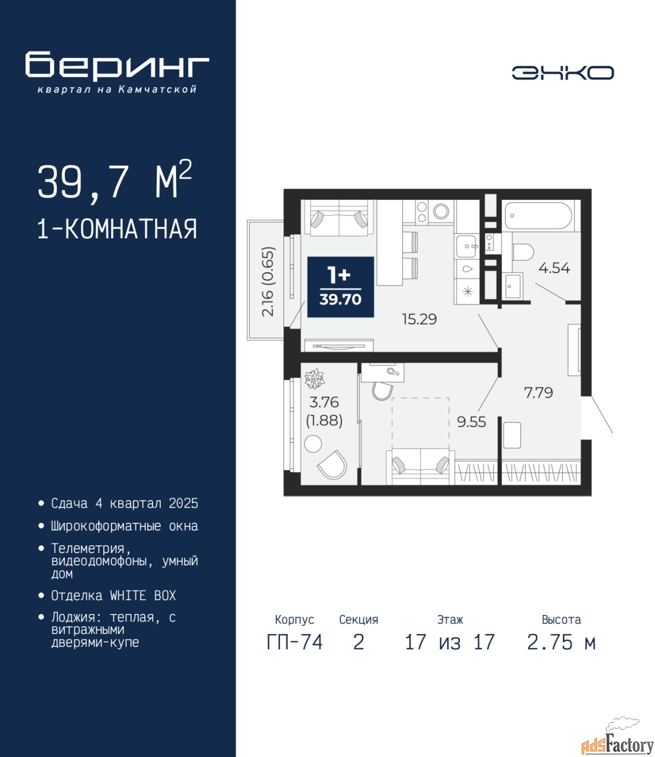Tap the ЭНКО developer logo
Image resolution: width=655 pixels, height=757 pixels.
tap(563, 73)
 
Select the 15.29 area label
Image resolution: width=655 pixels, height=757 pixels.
tap(419, 319)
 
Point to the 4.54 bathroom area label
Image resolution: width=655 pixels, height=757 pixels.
tap(554, 268)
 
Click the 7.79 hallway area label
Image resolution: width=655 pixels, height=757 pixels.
tap(538, 393)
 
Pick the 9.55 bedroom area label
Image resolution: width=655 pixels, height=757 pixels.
tap(471, 422)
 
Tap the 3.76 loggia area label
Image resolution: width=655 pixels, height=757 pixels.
tap(324, 403)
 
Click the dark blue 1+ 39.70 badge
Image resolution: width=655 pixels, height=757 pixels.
tap(340, 287)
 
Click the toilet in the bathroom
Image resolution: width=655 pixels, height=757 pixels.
tap(523, 253)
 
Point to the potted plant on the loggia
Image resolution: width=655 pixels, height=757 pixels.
tap(314, 378)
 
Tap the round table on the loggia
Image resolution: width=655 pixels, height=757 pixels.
tap(313, 444)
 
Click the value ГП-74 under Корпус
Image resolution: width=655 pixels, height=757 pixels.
tap(294, 642)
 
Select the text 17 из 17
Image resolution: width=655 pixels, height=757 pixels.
tap(450, 642)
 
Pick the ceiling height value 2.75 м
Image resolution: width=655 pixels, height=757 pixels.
tap(561, 642)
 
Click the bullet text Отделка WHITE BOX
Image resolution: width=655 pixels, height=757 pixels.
tap(113, 596)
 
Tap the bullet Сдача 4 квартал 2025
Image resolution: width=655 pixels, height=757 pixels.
tap(125, 503)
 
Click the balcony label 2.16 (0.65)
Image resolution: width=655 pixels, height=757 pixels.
tap(268, 282)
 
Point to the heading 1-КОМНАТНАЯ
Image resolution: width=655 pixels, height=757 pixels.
tap(117, 229)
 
